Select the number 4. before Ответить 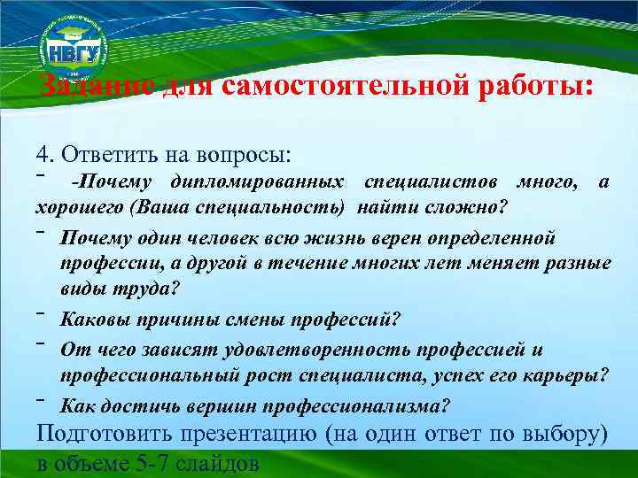44,154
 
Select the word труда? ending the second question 150,288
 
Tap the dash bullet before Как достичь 41,401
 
